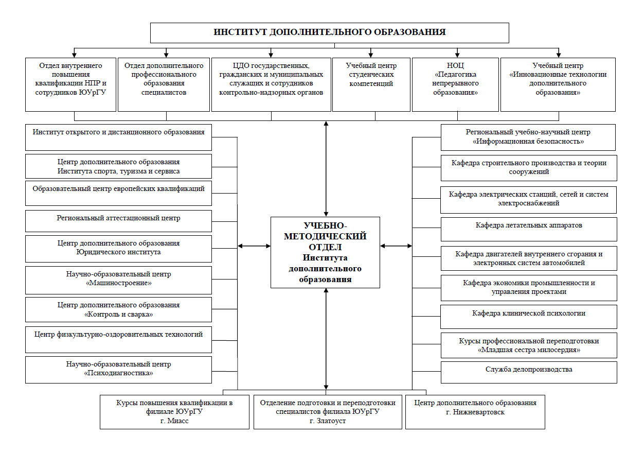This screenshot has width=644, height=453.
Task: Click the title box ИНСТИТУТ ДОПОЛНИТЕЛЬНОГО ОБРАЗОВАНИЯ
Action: [330, 33]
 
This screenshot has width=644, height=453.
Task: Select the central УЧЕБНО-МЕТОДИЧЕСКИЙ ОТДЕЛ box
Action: [325, 252]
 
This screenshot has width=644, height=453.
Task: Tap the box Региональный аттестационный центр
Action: [118, 221]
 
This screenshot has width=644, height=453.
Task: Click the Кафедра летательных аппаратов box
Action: [529, 229]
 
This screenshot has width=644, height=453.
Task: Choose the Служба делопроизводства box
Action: [529, 372]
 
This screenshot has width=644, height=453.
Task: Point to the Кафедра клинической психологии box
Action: [528, 317]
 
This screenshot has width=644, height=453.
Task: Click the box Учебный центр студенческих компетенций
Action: [371, 84]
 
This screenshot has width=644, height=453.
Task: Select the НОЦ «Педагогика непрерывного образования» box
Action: [455, 84]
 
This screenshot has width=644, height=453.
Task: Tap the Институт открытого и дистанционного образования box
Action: [118, 137]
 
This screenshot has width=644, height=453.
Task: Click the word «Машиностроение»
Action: [118, 283]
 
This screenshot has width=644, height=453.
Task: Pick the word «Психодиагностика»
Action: [118, 373]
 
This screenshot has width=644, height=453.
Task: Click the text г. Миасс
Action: [174, 421]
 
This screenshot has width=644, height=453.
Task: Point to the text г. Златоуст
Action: [328, 421]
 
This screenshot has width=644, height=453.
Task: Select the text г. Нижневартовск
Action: [475, 412]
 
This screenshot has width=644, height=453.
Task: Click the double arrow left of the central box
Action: [254, 246]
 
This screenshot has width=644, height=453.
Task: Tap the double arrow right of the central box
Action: [396, 246]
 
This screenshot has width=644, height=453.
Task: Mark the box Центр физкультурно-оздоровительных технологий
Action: [118, 340]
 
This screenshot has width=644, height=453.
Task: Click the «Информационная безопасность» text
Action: [528, 142]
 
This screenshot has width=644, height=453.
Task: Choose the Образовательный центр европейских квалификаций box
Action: [118, 193]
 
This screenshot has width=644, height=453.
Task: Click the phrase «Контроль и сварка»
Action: [118, 315]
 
